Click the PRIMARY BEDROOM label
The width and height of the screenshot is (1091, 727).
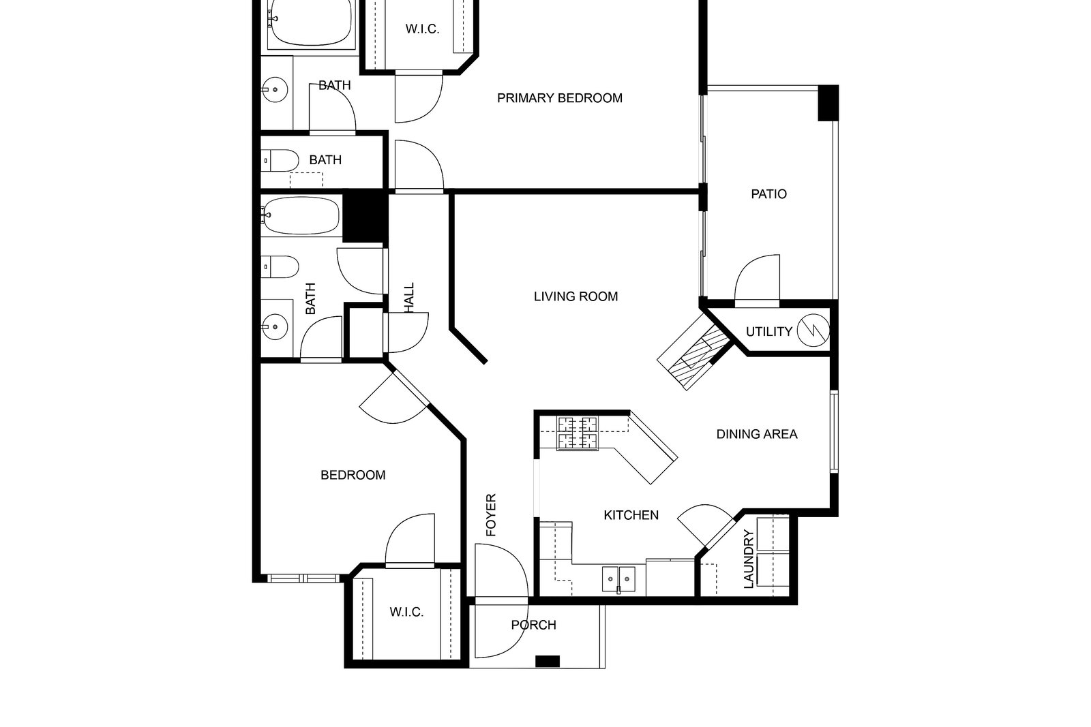coord(560,98)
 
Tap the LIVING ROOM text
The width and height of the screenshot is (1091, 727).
coord(576,296)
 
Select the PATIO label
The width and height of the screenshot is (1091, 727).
coord(768,194)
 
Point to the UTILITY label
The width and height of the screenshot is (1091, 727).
coord(769,332)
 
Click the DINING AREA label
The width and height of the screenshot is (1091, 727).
coord(757,434)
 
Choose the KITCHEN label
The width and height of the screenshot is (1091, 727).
coord(631,515)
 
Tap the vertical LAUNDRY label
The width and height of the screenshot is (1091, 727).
coord(749,559)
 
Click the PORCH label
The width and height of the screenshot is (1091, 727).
coord(534,625)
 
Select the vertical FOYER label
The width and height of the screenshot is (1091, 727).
coord(491,515)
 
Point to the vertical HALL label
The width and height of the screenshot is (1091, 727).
coord(409,298)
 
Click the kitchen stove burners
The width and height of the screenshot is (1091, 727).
coord(578,433)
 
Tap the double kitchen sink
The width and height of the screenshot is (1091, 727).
coord(618,579)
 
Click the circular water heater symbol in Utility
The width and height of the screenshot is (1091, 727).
coord(813,330)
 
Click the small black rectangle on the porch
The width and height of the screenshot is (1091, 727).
coord(548,662)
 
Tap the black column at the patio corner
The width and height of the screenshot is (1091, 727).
coord(828,103)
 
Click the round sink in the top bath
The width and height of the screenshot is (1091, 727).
coord(275,89)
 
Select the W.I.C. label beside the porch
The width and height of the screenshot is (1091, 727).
coord(406,612)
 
